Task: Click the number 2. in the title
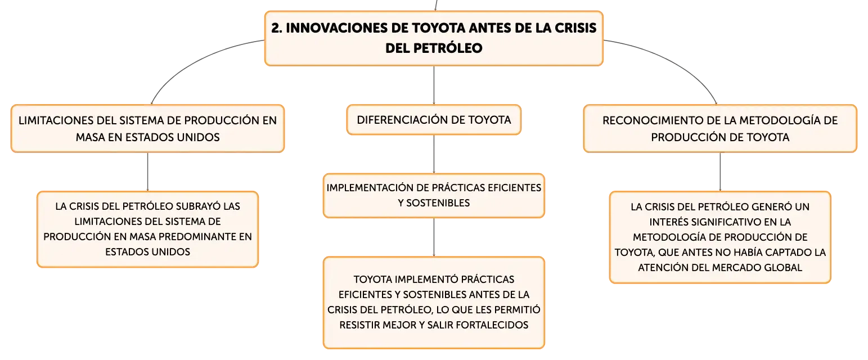pyautogui.click(x=277, y=28)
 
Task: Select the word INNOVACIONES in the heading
pyautogui.click(x=337, y=28)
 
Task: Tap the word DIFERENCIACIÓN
pyautogui.click(x=402, y=120)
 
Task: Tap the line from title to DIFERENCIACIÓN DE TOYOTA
pyautogui.click(x=434, y=85)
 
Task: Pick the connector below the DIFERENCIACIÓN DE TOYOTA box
pyautogui.click(x=434, y=154)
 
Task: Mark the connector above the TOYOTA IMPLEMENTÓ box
pyautogui.click(x=434, y=237)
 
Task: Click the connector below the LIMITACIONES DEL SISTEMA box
pyautogui.click(x=147, y=172)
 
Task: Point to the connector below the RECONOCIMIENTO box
pyautogui.click(x=721, y=172)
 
